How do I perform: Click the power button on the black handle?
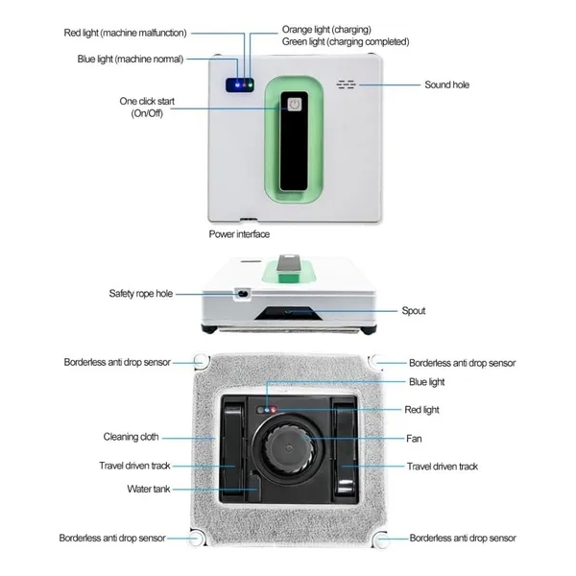click(x=294, y=105)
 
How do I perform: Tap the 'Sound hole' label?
click(x=446, y=84)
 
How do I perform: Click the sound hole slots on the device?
click(x=346, y=84)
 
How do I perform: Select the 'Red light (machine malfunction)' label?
click(x=125, y=33)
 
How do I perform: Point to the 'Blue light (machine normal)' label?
click(x=131, y=60)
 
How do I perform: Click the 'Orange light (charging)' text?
click(x=326, y=30)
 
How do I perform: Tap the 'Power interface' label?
click(x=239, y=234)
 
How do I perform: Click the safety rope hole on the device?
click(x=242, y=294)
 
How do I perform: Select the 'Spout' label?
click(x=414, y=311)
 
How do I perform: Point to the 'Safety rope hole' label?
click(x=141, y=294)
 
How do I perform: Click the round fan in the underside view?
click(x=289, y=447)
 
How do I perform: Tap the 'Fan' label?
click(x=414, y=439)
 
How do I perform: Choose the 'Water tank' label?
click(x=149, y=489)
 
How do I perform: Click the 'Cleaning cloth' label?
click(x=131, y=437)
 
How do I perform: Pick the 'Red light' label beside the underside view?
click(x=421, y=410)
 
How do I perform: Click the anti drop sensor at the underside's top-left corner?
click(x=201, y=360)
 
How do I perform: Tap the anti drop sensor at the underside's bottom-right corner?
click(x=380, y=540)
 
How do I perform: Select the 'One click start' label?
click(x=147, y=102)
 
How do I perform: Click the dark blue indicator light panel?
click(x=239, y=84)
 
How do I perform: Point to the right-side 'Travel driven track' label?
click(x=443, y=467)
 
